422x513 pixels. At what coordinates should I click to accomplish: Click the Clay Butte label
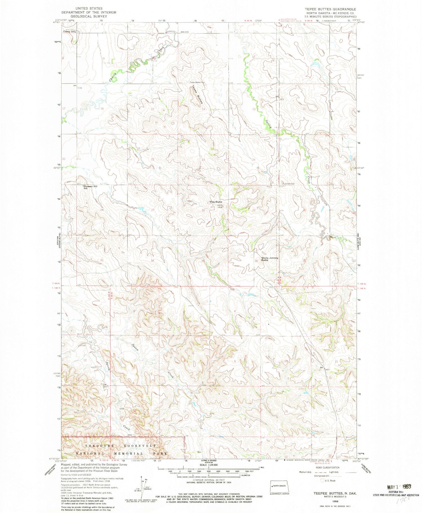click(216, 202)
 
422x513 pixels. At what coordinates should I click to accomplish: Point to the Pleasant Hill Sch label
click(90, 187)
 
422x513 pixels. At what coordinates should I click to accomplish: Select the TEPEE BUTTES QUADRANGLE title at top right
click(332, 9)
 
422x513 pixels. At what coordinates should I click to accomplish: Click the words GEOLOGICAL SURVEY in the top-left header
click(89, 16)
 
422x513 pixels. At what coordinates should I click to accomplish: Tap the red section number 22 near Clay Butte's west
click(153, 159)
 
